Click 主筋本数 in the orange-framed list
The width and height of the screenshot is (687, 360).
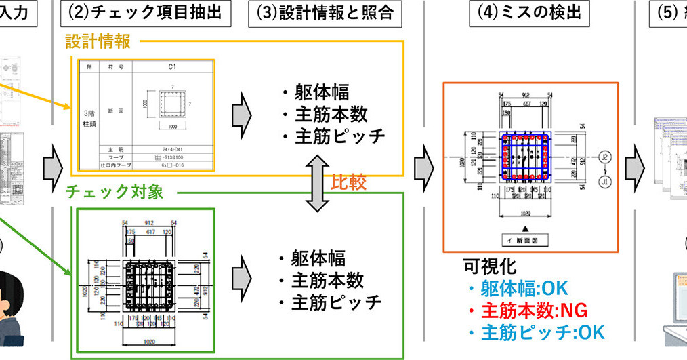pos(331,114)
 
